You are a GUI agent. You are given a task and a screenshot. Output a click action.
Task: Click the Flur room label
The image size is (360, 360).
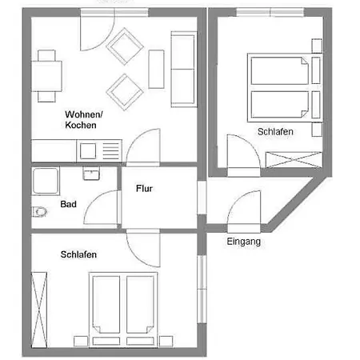pos(144,189)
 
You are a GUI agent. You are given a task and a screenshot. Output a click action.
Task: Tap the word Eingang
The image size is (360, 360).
pos(244,242)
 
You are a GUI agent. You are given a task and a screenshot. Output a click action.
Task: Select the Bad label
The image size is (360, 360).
pos(68,204)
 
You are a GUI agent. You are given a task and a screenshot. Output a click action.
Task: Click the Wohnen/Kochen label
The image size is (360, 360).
pos(83,120)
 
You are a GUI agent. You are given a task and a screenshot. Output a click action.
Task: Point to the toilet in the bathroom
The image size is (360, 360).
pos(39,212)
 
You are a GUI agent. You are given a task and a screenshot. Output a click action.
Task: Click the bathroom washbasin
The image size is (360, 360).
pos(91,174)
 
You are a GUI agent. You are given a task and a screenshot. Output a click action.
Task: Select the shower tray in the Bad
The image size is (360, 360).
pos(46,181)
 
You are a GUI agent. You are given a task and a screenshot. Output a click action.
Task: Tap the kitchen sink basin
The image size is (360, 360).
pos(88,151)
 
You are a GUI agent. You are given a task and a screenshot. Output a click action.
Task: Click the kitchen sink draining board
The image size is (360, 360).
pos(111,151)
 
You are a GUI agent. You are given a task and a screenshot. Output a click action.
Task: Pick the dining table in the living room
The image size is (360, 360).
pos(47,76)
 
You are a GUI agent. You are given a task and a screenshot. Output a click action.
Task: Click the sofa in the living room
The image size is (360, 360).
pos(183,70)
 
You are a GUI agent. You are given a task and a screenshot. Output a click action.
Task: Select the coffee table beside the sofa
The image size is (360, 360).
pos(156,69)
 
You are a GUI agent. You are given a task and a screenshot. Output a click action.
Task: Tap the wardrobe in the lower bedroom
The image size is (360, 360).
pos(39,310)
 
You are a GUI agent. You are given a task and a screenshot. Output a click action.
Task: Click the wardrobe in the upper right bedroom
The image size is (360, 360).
pos(294,160)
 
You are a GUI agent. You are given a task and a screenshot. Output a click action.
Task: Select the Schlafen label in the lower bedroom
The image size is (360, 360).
pos(78,254)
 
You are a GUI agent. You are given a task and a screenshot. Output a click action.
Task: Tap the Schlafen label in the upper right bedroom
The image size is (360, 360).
pos(275,132)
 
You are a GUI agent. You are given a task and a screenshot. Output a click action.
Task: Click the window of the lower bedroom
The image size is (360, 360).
pos(202,290)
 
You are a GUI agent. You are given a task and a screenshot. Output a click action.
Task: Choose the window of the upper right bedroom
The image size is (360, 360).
pos(270,12)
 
